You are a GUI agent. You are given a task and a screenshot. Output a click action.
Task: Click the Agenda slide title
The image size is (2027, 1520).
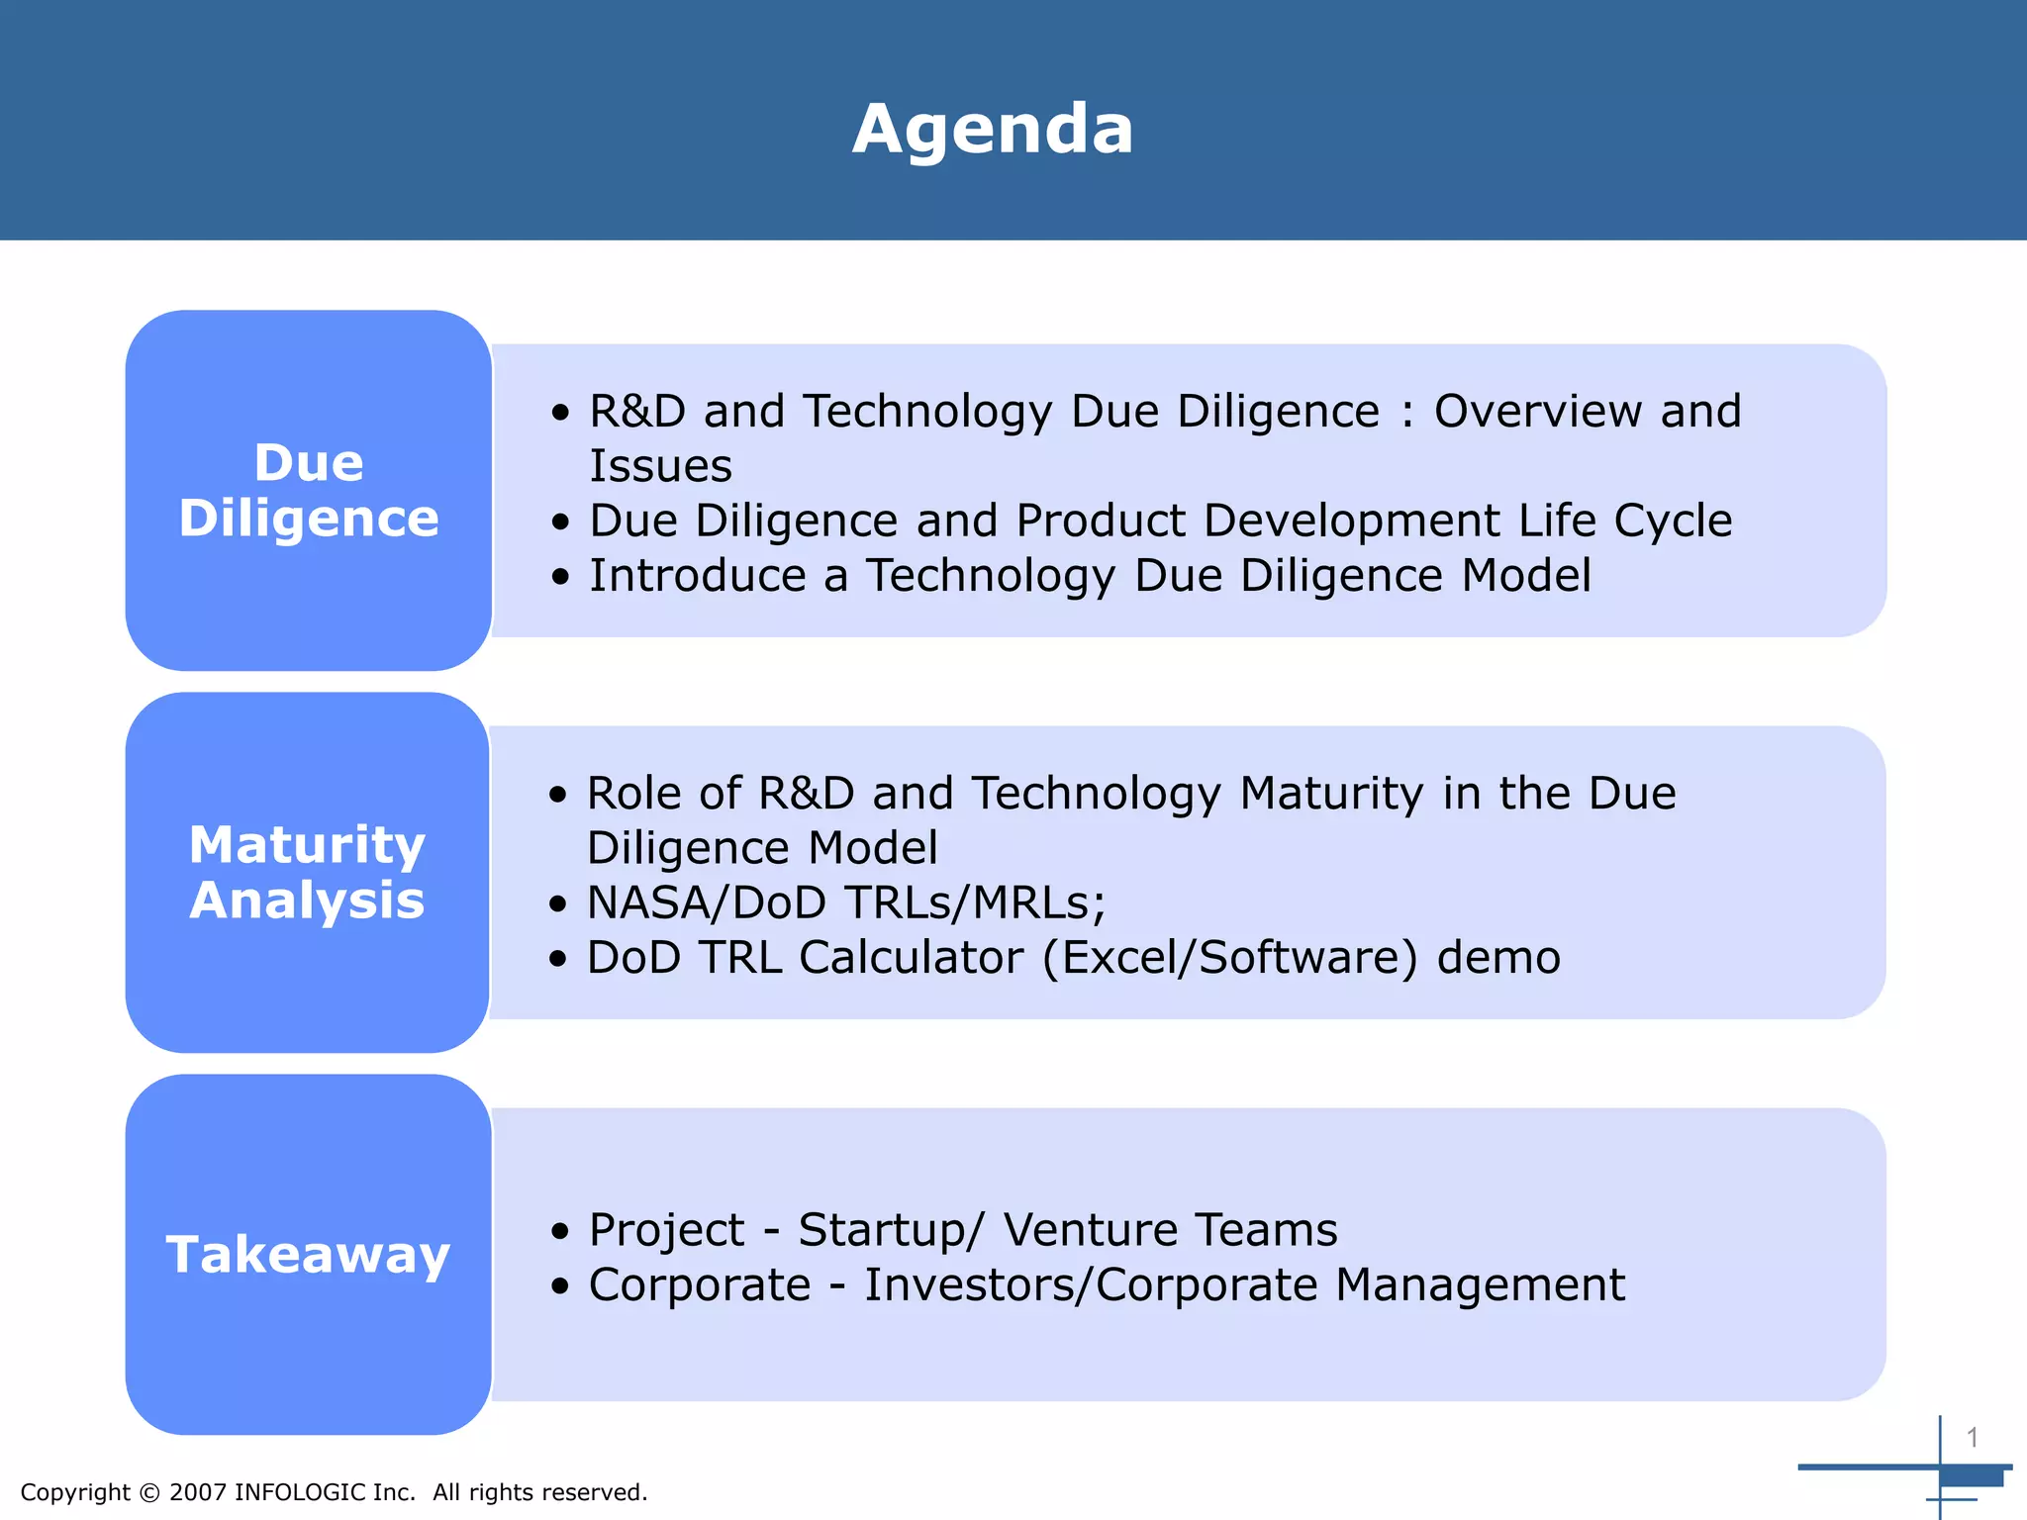(x=993, y=130)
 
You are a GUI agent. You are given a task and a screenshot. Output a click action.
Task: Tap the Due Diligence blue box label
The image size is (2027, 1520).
(x=309, y=491)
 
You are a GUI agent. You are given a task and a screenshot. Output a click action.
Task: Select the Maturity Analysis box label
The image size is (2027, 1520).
(x=308, y=872)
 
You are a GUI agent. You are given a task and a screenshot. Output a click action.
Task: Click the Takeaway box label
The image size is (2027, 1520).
(x=308, y=1255)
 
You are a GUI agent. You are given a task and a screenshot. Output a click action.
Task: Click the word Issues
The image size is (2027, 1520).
(x=660, y=466)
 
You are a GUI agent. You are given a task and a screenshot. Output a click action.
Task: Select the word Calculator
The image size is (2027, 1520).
(x=911, y=957)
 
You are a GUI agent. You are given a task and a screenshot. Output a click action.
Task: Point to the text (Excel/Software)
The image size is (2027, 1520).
(x=1230, y=958)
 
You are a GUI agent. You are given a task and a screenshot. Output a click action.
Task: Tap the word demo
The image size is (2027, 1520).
(x=1498, y=957)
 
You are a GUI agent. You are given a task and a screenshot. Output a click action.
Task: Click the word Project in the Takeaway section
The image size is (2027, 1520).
(x=666, y=1230)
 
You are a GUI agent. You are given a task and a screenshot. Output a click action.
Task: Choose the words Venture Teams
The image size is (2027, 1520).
(x=1170, y=1230)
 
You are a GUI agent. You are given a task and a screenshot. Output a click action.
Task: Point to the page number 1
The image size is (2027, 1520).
(x=1972, y=1437)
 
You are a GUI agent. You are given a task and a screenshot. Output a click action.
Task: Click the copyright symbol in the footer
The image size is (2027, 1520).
(x=149, y=1492)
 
